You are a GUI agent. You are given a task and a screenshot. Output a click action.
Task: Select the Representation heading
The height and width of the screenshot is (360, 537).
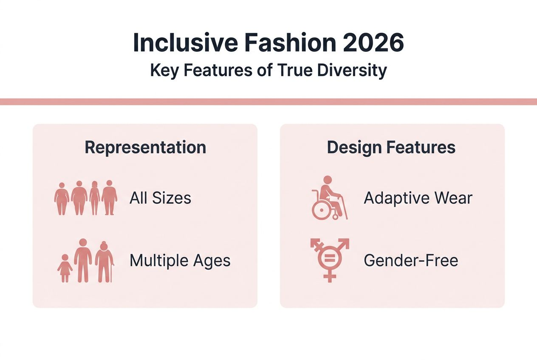(x=145, y=147)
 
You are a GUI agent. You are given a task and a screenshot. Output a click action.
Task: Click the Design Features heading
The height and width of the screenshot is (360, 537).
(x=391, y=147)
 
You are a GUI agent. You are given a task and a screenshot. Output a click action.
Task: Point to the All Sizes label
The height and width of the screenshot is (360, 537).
(x=160, y=198)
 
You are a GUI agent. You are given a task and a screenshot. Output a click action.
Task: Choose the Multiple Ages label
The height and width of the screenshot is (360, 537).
(x=180, y=260)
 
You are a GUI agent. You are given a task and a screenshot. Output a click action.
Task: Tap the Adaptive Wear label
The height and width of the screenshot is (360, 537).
(x=418, y=198)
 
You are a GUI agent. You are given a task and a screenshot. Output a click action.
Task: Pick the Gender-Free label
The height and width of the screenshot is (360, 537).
(x=411, y=260)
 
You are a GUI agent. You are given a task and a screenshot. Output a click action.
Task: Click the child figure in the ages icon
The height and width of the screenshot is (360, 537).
(x=65, y=269)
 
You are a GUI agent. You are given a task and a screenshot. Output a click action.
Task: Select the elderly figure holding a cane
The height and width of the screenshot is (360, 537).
(x=104, y=262)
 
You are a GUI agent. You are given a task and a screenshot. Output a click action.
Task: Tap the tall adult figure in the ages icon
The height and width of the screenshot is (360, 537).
(x=83, y=260)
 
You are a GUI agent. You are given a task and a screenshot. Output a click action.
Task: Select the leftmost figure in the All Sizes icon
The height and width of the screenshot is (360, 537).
(x=62, y=199)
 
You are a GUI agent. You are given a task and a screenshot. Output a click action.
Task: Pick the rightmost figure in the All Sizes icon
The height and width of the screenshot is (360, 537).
(x=109, y=197)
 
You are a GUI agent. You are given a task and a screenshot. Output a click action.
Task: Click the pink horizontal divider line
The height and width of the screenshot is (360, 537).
(x=268, y=101)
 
